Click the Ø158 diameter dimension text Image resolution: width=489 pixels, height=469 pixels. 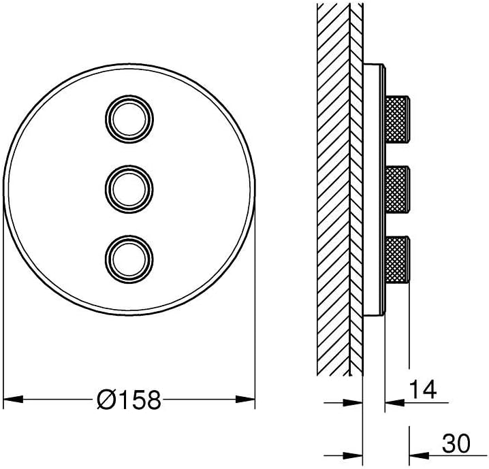129,400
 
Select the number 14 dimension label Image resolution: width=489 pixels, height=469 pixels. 422,389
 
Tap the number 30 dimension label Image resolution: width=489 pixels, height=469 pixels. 456,443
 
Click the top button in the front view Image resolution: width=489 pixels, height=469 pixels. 129,119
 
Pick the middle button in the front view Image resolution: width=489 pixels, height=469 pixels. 129,189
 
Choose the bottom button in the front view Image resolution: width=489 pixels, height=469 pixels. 129,259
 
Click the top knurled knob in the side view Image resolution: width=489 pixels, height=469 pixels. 397,119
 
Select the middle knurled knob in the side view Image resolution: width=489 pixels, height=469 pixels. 397,189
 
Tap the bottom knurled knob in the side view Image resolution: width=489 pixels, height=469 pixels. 397,259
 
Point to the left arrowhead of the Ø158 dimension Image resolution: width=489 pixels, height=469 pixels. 13,399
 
